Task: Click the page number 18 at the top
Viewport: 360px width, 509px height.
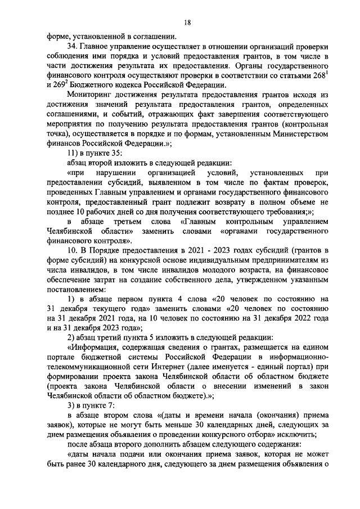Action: point(187,22)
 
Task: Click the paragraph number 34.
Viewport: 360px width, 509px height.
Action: point(71,46)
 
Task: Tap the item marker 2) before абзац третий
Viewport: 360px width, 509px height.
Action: point(71,338)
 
